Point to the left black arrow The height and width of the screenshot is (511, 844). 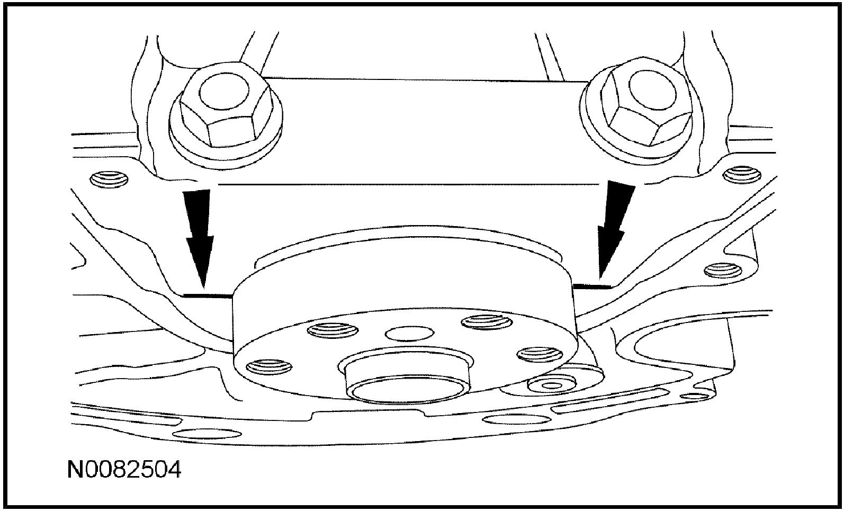point(200,233)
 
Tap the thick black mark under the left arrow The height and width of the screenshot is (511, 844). point(207,294)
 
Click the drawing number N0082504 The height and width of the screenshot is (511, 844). point(124,469)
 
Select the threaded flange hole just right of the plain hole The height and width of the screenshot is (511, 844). point(482,321)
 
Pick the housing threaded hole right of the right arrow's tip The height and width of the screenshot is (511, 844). point(721,270)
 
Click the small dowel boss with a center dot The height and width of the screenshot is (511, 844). point(553,386)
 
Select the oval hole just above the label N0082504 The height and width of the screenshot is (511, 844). point(208,435)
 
